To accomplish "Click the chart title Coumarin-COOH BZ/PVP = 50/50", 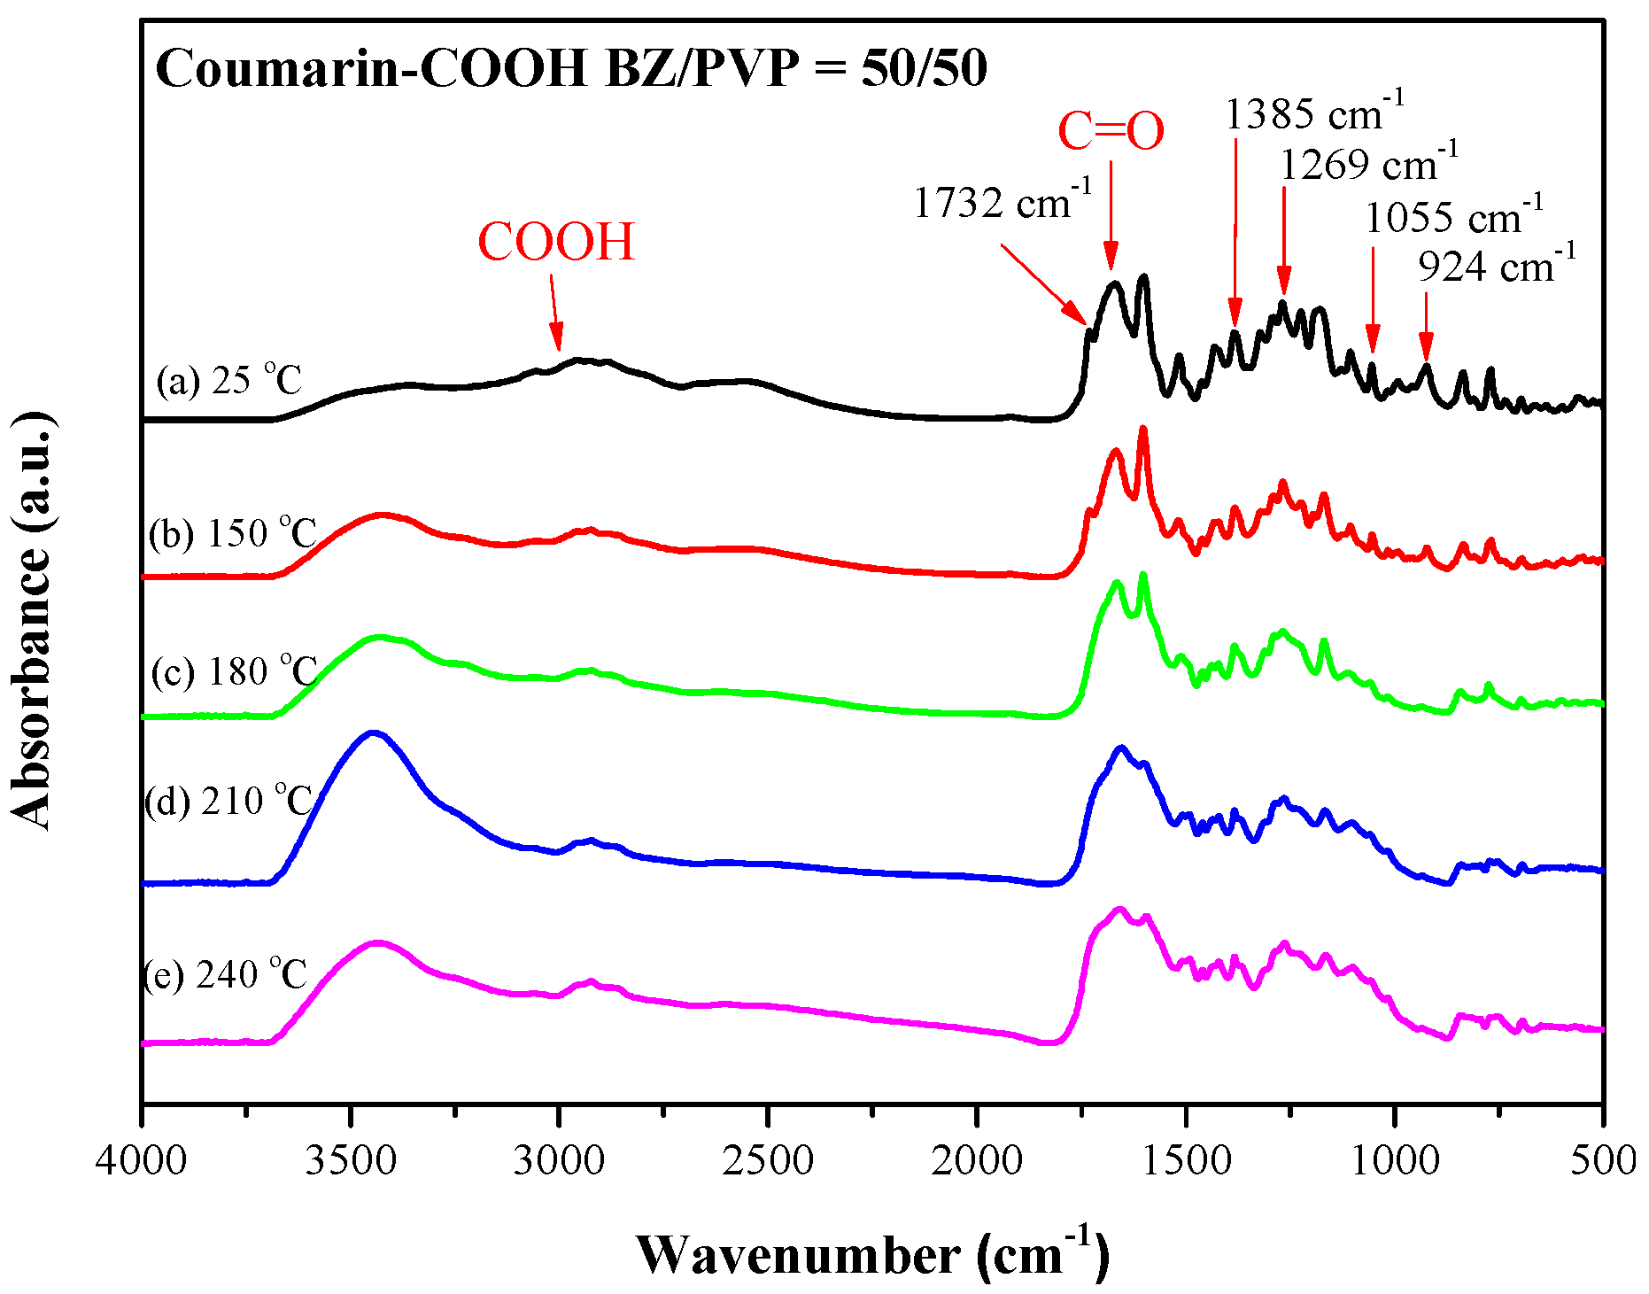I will pos(571,69).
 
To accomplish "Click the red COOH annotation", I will pos(556,241).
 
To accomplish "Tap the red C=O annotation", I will pos(1111,132).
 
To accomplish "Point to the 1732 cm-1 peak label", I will pos(1002,203).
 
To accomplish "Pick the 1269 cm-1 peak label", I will pos(1368,164).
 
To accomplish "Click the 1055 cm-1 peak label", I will pos(1453,217).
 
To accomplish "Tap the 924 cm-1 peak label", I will pos(1497,266).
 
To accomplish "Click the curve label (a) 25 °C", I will pos(229,381).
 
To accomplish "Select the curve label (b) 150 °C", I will pos(232,533).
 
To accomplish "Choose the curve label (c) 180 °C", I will pos(234,671).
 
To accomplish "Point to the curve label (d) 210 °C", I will pos(229,801).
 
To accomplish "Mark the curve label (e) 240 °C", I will pos(225,974).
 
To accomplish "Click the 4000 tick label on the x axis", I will pos(142,1160).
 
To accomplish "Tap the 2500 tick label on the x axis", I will pos(768,1160).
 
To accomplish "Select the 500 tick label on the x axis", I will pos(1603,1160).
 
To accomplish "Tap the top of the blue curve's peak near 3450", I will pos(373,732).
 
